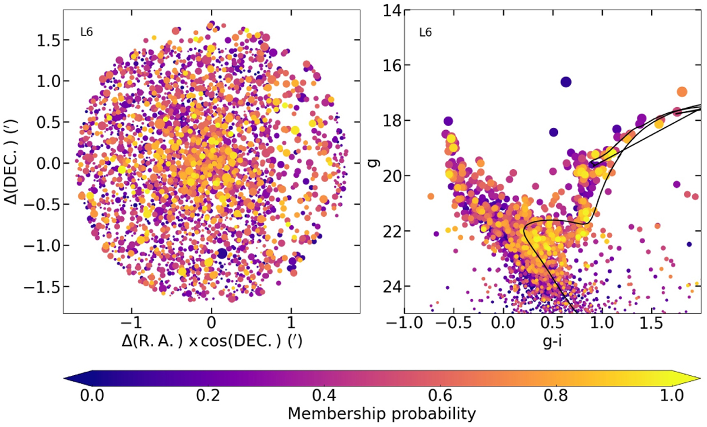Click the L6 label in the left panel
click(86, 33)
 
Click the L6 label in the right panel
click(425, 33)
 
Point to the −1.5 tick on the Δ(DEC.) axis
click(44, 287)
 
